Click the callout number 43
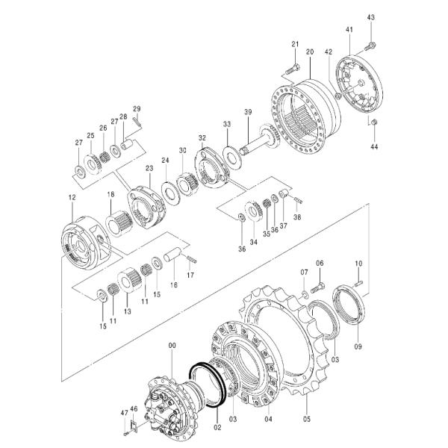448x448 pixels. [x=371, y=16]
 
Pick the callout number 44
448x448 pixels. [x=374, y=147]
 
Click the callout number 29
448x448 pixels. [x=137, y=110]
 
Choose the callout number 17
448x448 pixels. [x=190, y=275]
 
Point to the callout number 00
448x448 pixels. [x=172, y=345]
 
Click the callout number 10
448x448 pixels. [x=358, y=264]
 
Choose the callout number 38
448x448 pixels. [x=296, y=218]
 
